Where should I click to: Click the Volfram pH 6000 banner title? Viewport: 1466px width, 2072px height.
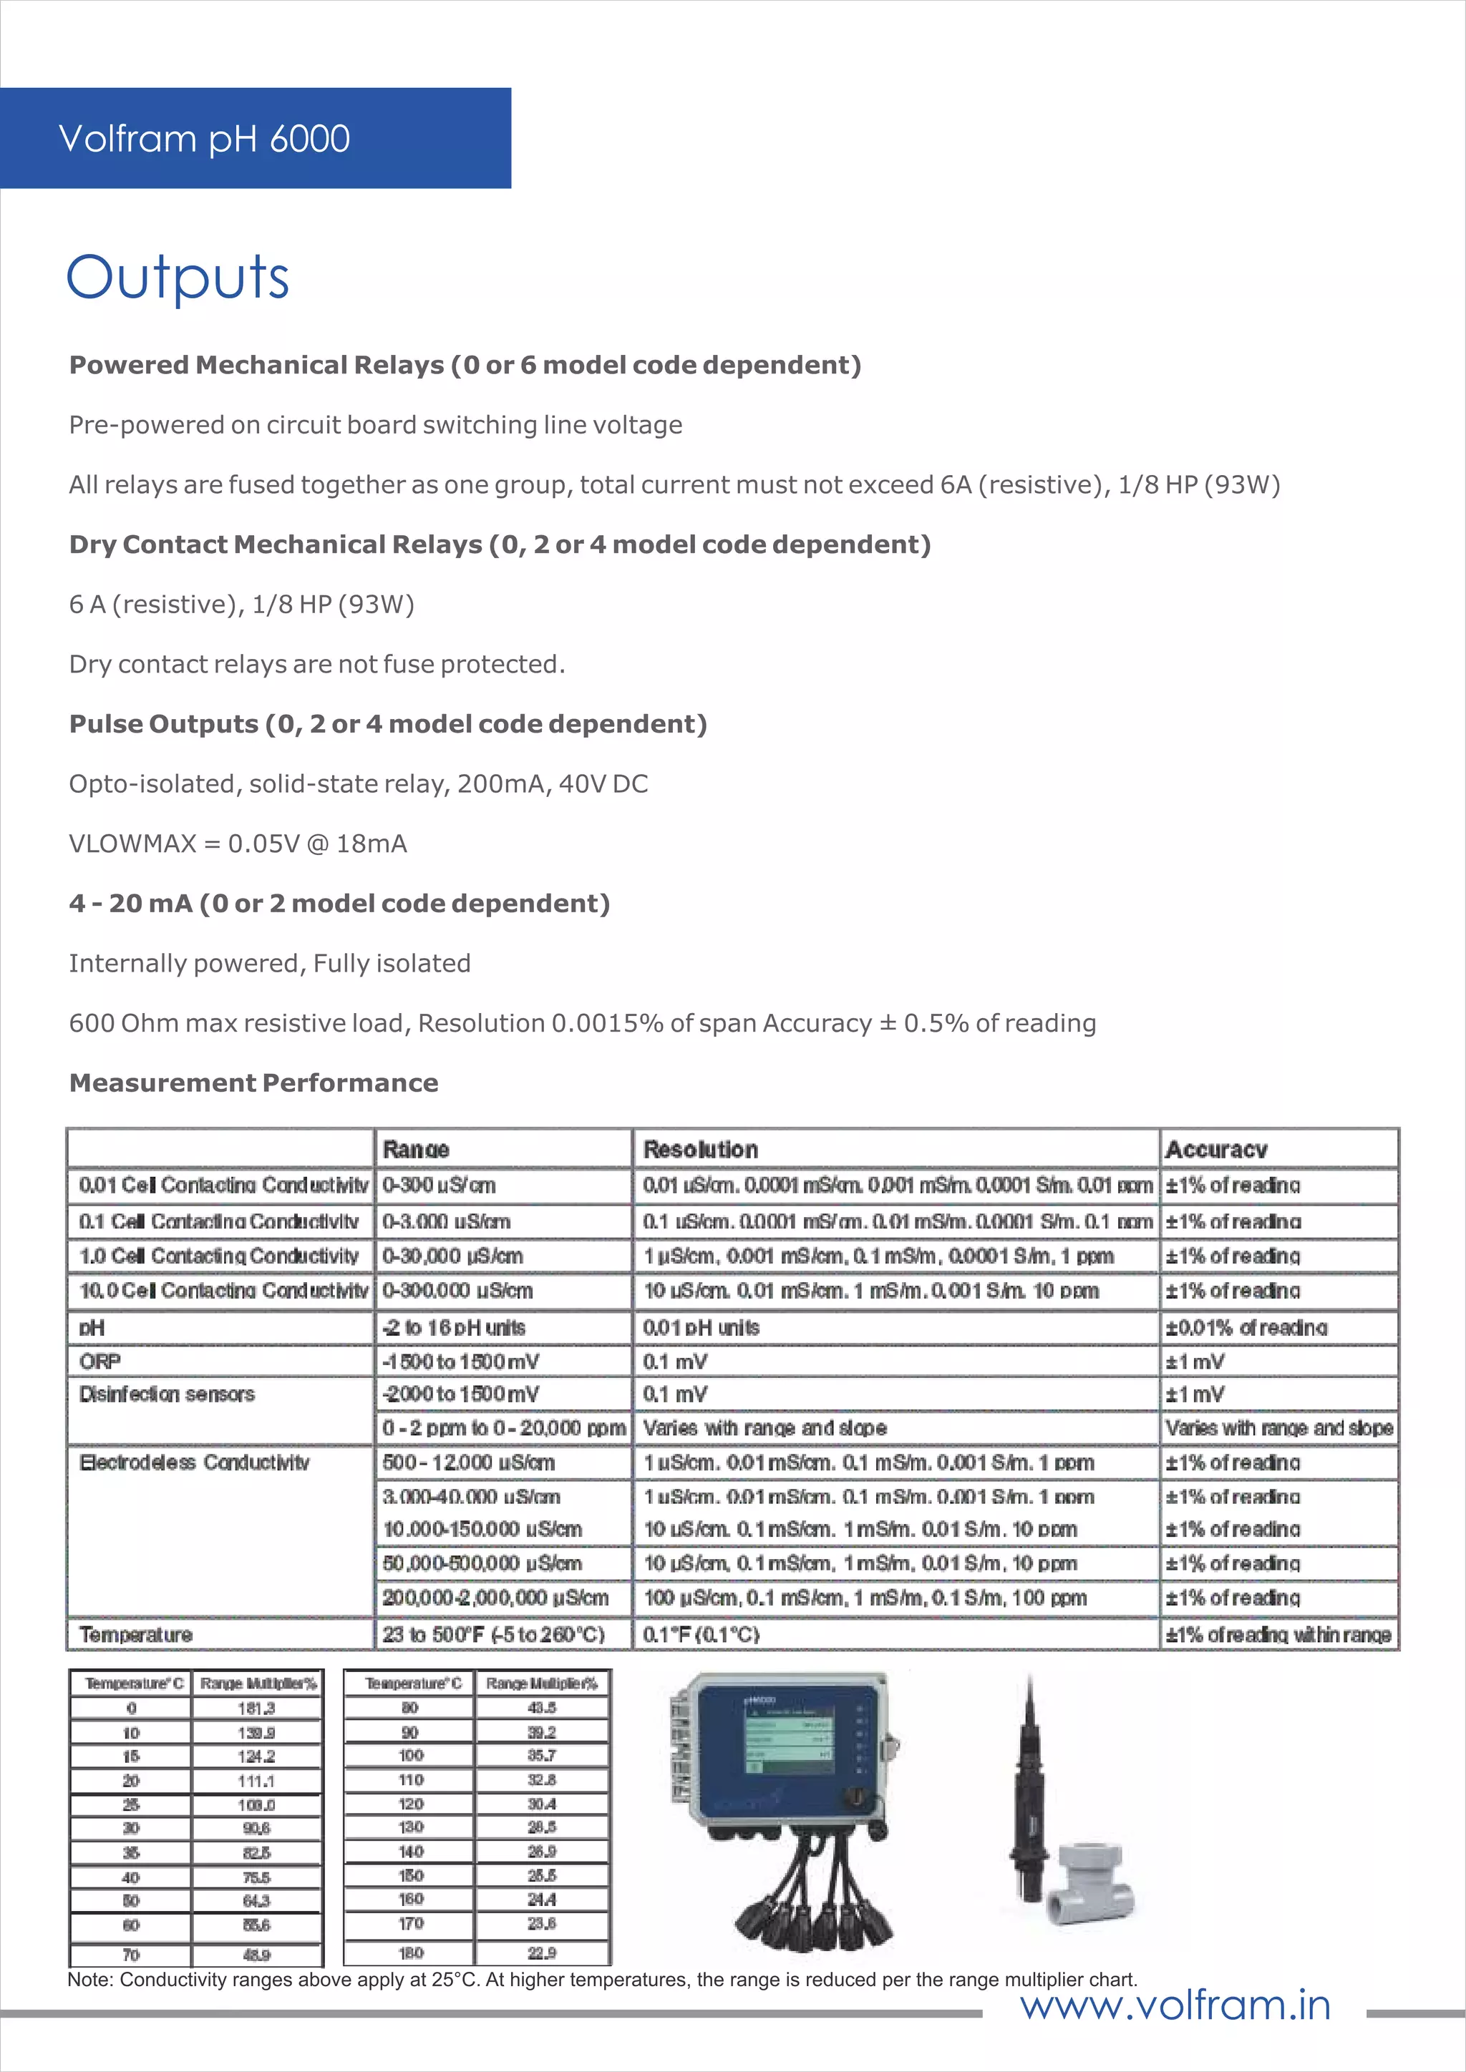pos(204,139)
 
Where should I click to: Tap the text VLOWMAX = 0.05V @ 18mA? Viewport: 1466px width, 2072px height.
pos(238,844)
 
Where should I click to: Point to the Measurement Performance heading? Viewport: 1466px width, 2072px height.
pos(253,1083)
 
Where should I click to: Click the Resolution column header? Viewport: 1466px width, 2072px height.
pos(701,1150)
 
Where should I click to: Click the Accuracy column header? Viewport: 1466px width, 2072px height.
pos(1216,1150)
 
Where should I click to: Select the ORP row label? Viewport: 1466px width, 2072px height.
pos(100,1361)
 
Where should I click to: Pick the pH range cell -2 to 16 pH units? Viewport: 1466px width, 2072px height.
pos(454,1327)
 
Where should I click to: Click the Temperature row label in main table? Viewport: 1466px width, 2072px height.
pos(135,1634)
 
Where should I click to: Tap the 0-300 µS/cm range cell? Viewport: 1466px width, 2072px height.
pos(440,1185)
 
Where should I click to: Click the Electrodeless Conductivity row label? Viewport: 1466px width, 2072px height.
pos(194,1462)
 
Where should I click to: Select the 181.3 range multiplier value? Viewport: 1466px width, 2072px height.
pos(256,1709)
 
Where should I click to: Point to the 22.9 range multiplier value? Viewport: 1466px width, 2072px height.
pos(542,1953)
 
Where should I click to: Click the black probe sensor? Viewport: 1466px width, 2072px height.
pos(1029,1796)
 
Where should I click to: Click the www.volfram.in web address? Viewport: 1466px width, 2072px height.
pos(1175,2005)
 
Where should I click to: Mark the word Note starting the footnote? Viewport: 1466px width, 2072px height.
pos(89,1980)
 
